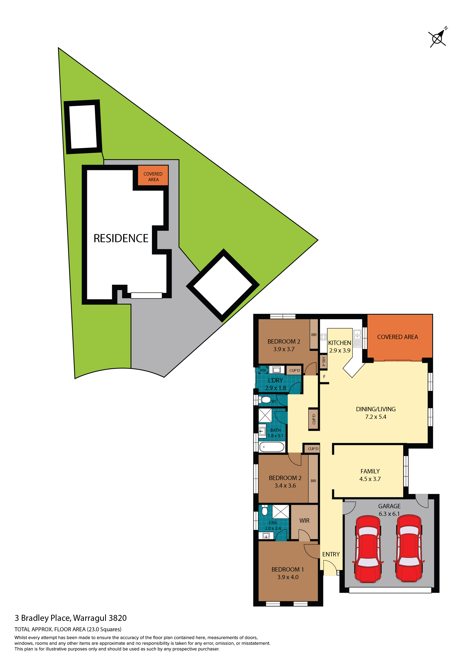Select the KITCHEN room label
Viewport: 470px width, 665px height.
[339, 343]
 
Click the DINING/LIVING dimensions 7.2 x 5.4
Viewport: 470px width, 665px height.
[376, 417]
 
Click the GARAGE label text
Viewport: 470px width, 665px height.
[389, 506]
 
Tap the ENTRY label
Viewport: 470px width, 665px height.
[331, 554]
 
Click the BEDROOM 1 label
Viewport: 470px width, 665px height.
[288, 569]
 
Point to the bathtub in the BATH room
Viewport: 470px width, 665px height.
[272, 447]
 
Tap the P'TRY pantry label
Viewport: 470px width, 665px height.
[324, 361]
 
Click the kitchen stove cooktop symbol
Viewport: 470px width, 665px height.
[324, 337]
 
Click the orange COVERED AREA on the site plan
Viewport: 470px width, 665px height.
[153, 175]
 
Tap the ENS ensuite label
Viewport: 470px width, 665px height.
[273, 522]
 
